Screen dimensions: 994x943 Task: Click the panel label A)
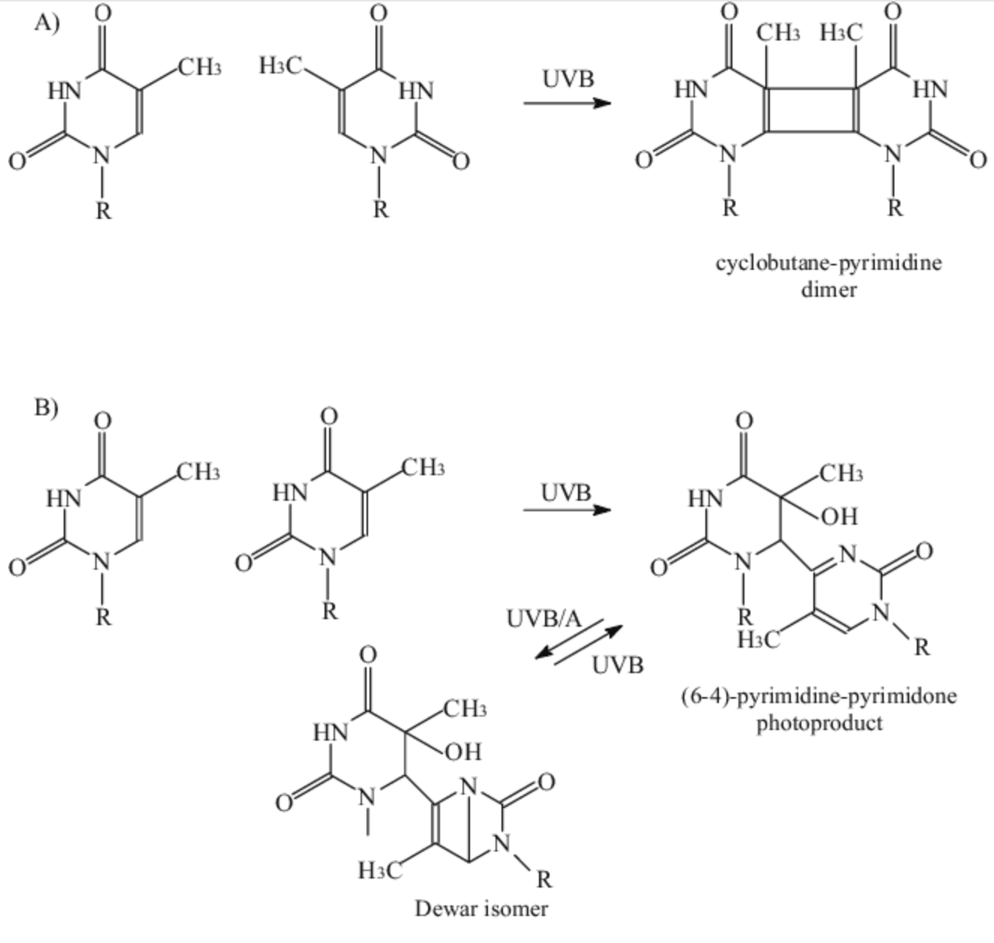tap(47, 22)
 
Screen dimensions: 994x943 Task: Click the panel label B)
tap(46, 407)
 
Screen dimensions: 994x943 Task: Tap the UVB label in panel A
tap(567, 79)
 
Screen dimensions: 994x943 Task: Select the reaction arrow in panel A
tap(567, 103)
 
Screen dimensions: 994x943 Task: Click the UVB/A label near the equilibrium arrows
tap(543, 618)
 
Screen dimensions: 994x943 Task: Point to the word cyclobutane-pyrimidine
tap(828, 264)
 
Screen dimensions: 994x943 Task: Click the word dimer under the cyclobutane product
tap(828, 290)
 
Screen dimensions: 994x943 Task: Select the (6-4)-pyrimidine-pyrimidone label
tap(819, 697)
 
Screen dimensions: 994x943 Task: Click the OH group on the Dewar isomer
tap(463, 752)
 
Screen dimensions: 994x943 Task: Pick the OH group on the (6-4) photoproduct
tap(840, 516)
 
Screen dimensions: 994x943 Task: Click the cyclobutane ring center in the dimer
tap(811, 111)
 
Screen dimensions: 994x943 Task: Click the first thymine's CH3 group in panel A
tap(199, 67)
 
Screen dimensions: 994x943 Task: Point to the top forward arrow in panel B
tap(567, 510)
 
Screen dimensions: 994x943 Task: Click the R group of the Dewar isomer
tap(544, 880)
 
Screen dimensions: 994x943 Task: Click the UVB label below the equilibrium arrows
tap(618, 666)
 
